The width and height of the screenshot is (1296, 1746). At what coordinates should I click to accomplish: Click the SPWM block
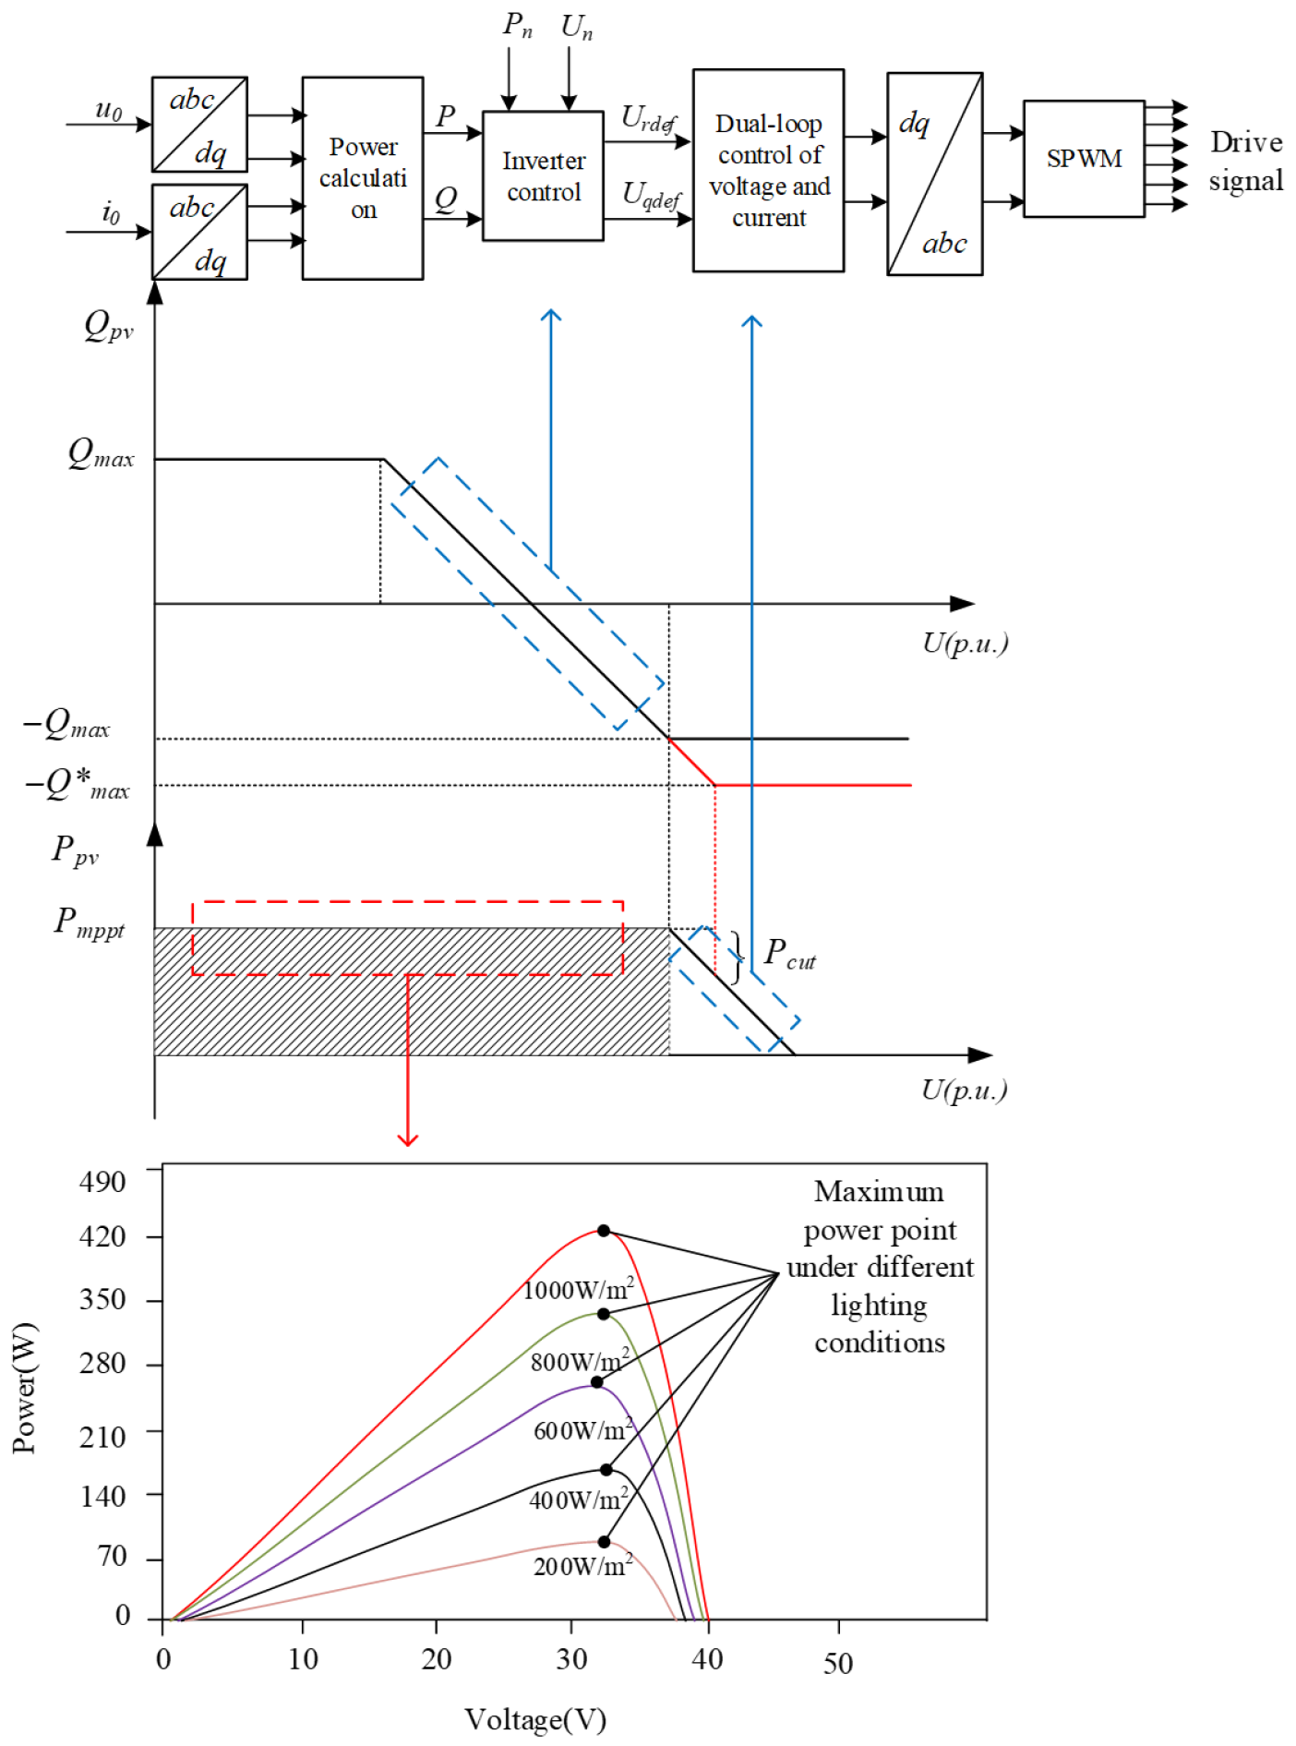click(1084, 159)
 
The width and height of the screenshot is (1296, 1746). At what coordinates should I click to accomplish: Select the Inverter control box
click(543, 176)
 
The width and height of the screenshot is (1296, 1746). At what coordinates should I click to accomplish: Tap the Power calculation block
click(363, 178)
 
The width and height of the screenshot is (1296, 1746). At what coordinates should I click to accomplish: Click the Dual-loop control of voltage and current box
click(768, 171)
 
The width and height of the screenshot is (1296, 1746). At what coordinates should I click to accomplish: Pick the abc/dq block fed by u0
click(199, 125)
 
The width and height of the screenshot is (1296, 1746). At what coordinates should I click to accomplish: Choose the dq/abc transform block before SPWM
click(934, 175)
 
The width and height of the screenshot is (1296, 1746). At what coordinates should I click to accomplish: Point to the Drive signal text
click(1245, 162)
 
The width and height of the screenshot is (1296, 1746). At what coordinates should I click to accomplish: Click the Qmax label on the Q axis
click(101, 453)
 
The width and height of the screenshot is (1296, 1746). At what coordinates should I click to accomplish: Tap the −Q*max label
click(78, 785)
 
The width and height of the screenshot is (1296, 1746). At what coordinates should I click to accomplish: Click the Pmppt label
click(89, 922)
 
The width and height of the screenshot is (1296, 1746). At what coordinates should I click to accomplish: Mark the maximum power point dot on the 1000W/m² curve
click(604, 1231)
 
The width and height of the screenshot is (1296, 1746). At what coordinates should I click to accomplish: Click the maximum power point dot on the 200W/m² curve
click(604, 1542)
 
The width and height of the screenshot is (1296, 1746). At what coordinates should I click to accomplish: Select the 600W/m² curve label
click(583, 1430)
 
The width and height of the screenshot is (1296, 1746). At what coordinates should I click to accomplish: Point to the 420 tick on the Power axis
click(102, 1236)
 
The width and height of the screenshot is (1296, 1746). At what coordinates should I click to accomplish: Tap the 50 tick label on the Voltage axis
click(837, 1664)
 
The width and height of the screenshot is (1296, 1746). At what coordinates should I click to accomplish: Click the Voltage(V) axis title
click(534, 1719)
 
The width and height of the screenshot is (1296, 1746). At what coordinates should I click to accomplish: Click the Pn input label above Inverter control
click(517, 26)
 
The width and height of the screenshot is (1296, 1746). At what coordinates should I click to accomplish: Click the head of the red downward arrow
click(407, 1141)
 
